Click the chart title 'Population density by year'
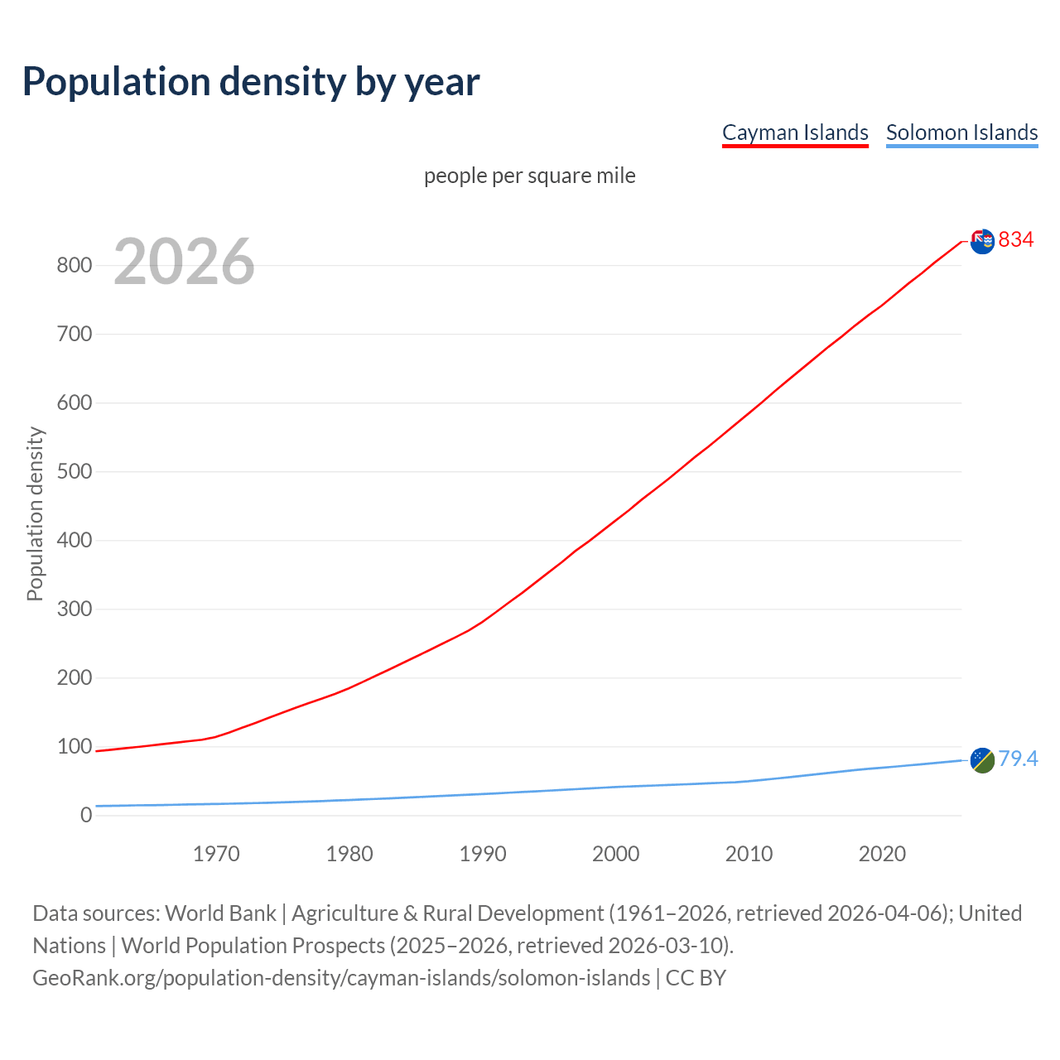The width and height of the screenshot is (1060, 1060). click(251, 81)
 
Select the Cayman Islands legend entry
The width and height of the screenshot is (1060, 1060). click(795, 132)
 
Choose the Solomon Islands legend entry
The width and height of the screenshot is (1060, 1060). click(961, 132)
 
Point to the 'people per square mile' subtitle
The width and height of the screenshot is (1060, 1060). click(530, 176)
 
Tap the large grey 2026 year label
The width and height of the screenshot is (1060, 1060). click(184, 262)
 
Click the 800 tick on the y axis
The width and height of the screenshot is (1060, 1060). click(74, 266)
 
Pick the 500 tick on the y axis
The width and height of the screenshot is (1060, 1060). click(74, 472)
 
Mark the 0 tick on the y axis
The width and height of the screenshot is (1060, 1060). click(86, 816)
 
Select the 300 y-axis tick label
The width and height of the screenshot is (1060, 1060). click(74, 609)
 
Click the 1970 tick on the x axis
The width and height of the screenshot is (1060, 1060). click(216, 854)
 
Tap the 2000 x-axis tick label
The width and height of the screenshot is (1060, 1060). click(615, 854)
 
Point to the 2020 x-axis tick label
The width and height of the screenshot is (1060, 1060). click(882, 854)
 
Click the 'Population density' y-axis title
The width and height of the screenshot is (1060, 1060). click(35, 513)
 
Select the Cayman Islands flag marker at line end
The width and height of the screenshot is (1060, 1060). click(982, 241)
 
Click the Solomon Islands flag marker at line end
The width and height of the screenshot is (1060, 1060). click(982, 759)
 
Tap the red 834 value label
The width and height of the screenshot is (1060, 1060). click(1016, 239)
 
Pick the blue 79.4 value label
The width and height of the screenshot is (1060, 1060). click(1018, 759)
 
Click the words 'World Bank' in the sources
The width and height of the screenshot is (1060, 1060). click(220, 913)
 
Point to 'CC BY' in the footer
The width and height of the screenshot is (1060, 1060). click(696, 978)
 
